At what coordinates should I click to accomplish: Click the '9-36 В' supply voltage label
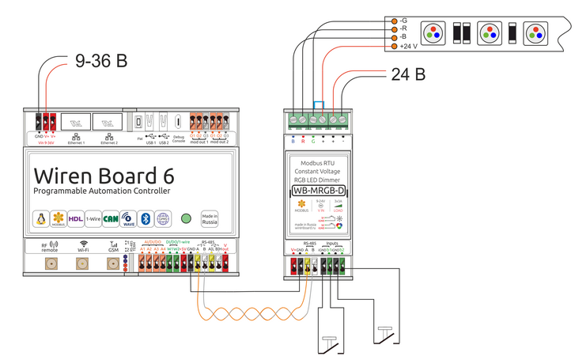pyautogui.click(x=100, y=60)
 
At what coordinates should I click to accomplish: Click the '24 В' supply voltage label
pyautogui.click(x=408, y=75)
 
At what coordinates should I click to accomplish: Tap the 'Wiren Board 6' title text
pyautogui.click(x=104, y=173)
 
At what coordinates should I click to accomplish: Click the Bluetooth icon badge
pyautogui.click(x=145, y=218)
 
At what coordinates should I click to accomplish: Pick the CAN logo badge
pyautogui.click(x=111, y=218)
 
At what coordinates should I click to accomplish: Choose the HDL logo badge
pyautogui.click(x=76, y=218)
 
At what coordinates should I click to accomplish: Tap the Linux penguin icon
pyautogui.click(x=40, y=218)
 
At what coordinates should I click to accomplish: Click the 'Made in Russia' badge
pyautogui.click(x=210, y=218)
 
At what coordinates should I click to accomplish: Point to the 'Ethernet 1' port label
pyautogui.click(x=76, y=143)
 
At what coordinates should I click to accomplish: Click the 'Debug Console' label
pyautogui.click(x=179, y=141)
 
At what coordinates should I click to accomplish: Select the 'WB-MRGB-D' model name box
pyautogui.click(x=318, y=191)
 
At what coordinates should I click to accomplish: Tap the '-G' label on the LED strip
pyautogui.click(x=404, y=20)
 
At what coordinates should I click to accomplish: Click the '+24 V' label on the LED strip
pyautogui.click(x=407, y=47)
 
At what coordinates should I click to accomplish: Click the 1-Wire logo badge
pyautogui.click(x=93, y=218)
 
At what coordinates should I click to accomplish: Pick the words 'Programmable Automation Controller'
pyautogui.click(x=101, y=191)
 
